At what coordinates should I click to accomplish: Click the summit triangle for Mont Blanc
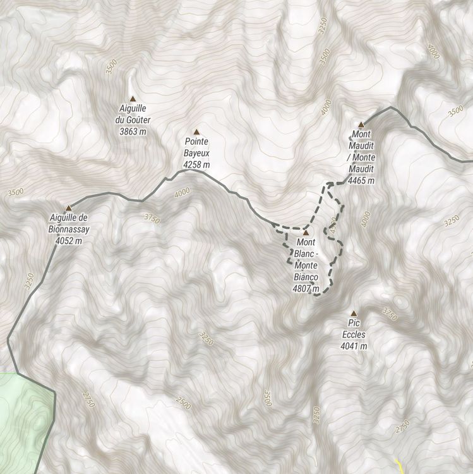coord(306,233)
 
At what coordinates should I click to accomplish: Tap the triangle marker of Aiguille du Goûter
coord(133,99)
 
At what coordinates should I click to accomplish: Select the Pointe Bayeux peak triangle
coord(196,132)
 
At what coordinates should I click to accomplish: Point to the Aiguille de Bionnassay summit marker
coord(69,208)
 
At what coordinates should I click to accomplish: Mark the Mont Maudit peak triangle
coord(361,125)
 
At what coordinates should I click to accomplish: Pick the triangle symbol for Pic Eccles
coord(354,313)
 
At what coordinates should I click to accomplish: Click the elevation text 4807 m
coord(306,288)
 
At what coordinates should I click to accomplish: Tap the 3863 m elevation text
coord(133,131)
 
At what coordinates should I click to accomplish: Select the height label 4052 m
coord(69,240)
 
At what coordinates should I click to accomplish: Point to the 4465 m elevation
coord(361,181)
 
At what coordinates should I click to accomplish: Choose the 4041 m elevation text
coord(354,346)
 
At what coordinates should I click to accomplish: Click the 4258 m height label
coord(196,165)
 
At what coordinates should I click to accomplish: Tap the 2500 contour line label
coord(184,403)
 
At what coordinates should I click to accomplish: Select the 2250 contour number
coord(316,414)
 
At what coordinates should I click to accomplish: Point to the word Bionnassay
coord(69,229)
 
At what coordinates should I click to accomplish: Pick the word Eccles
coord(354,335)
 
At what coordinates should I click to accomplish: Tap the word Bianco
coord(306,277)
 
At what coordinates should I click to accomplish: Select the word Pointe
coord(196,143)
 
